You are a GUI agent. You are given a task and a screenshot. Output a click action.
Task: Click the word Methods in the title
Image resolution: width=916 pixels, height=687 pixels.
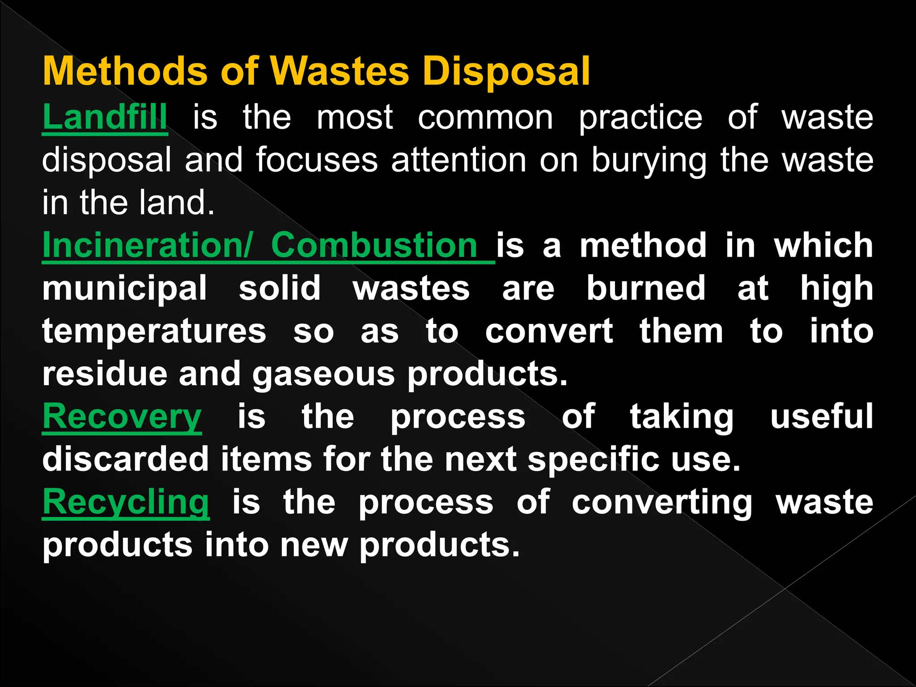coord(125,72)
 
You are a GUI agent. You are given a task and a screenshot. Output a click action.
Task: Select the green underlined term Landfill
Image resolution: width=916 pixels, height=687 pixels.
coord(105,117)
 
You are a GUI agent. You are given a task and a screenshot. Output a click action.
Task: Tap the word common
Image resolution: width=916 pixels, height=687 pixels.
coord(485,117)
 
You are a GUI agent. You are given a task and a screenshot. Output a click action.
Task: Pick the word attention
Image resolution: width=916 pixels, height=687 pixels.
coord(458,160)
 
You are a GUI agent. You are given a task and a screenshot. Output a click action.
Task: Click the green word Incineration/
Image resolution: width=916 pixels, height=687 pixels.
coord(148,245)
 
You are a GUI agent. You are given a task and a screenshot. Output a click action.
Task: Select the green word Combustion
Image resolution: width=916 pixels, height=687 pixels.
coord(374,245)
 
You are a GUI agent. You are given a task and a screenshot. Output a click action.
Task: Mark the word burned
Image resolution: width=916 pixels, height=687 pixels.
coord(646,288)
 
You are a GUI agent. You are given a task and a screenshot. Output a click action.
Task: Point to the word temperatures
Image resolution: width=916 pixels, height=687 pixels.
coord(154,332)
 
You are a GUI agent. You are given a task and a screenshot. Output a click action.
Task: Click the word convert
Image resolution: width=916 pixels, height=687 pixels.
coord(549,331)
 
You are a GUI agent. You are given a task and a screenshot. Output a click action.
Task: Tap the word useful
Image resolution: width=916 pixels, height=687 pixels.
coord(822,416)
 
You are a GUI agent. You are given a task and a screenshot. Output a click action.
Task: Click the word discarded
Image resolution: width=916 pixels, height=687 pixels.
coord(126,459)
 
